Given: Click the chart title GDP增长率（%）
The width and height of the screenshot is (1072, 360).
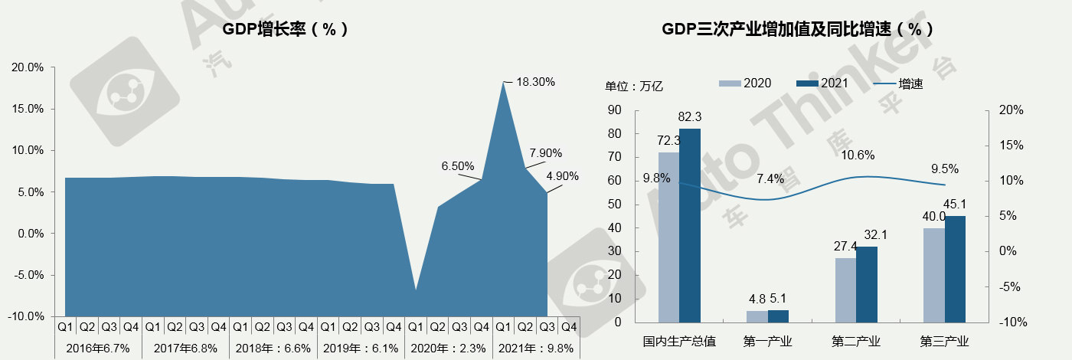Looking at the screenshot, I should [x=286, y=30].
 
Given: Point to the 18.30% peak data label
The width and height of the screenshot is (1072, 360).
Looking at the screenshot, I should [x=535, y=81].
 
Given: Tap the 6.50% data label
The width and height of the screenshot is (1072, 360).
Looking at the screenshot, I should [x=458, y=165].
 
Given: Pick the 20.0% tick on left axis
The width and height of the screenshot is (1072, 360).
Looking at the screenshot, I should [x=28, y=67].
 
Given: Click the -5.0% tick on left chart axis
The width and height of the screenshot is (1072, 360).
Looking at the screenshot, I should [x=28, y=275].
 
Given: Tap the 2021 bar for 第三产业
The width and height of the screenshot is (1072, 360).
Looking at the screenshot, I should [x=955, y=269].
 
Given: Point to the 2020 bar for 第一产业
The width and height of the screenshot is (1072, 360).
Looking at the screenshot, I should [x=757, y=316].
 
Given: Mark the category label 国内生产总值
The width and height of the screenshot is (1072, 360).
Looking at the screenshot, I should [x=680, y=341].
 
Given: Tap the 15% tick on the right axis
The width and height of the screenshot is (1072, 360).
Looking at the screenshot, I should [x=1012, y=146].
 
